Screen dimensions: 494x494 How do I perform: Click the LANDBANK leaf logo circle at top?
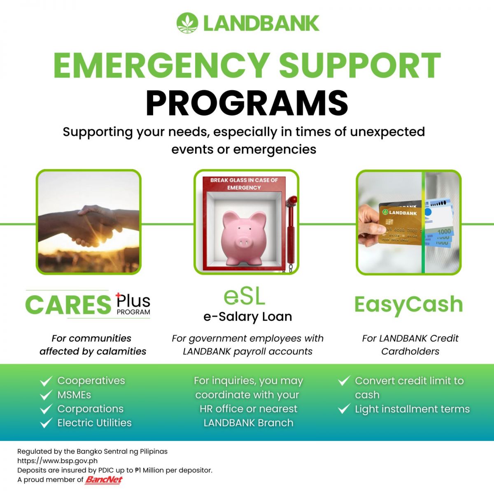click(x=187, y=23)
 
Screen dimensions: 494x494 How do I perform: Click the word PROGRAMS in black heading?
click(x=247, y=103)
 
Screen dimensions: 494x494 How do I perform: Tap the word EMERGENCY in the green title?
click(x=161, y=65)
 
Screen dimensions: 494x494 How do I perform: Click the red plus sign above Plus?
click(x=118, y=296)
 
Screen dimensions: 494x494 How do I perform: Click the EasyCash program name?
click(x=408, y=305)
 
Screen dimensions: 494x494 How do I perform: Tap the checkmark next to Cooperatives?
click(x=47, y=381)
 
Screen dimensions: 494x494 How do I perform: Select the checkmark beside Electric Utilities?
click(x=47, y=423)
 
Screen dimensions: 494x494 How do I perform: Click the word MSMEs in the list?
click(x=74, y=395)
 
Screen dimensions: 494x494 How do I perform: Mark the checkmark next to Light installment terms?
click(x=344, y=409)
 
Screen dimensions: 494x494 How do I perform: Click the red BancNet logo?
click(x=104, y=480)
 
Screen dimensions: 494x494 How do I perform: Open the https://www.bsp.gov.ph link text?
click(x=57, y=461)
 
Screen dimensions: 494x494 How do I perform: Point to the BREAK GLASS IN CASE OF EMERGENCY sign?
click(x=244, y=184)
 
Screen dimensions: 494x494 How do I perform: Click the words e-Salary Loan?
click(x=248, y=317)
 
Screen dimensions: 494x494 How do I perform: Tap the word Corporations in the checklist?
click(x=91, y=409)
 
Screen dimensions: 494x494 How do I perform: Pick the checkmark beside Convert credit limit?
click(x=344, y=381)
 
